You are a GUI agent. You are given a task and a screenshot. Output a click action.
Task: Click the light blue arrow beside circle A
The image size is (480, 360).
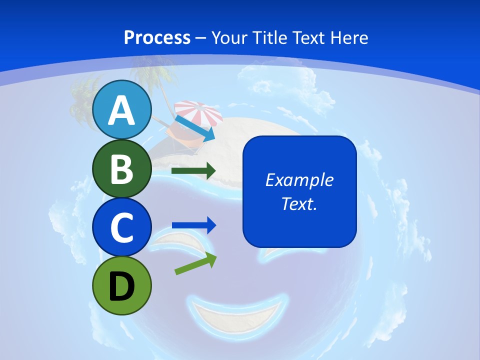click(195, 128)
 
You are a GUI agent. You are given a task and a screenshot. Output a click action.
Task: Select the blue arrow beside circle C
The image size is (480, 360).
click(194, 225)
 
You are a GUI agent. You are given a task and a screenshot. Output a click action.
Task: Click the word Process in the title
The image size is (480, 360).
click(157, 37)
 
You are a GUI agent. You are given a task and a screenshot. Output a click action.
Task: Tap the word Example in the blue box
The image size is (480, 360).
click(299, 180)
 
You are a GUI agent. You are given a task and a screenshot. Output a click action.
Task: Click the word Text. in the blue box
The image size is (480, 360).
click(299, 203)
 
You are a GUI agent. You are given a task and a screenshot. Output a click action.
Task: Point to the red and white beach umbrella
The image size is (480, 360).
click(198, 112)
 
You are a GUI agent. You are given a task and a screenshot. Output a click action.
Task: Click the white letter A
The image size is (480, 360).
click(122, 110)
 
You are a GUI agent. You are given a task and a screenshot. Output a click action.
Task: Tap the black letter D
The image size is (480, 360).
click(122, 286)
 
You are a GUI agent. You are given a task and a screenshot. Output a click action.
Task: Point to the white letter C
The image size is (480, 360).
click(122, 227)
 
